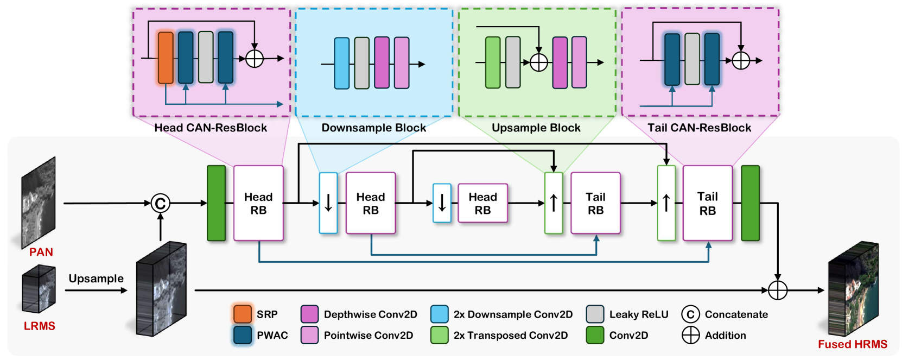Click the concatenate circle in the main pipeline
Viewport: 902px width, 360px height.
(x=160, y=204)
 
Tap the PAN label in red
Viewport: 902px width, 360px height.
(x=41, y=252)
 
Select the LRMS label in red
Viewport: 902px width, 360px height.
(x=39, y=326)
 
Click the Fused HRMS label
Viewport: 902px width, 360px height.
(x=852, y=344)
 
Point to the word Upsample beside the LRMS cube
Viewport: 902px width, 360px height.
(x=96, y=279)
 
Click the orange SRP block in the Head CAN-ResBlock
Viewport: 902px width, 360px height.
(x=166, y=58)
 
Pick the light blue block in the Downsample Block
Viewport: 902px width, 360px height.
(x=341, y=63)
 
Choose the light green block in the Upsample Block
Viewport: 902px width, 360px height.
(x=493, y=62)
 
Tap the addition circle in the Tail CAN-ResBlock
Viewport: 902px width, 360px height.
(x=741, y=60)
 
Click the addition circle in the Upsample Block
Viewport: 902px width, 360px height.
(x=538, y=62)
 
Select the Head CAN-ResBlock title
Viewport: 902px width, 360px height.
(x=211, y=128)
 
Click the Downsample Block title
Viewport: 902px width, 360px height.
(x=373, y=128)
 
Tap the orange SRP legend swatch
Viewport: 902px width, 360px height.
(x=243, y=314)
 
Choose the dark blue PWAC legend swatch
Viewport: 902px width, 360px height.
(x=243, y=335)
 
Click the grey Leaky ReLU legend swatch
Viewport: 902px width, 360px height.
(x=595, y=314)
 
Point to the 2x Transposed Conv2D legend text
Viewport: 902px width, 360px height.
(x=510, y=336)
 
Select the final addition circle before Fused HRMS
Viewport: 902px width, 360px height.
(x=778, y=290)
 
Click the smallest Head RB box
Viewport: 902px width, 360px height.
(x=482, y=204)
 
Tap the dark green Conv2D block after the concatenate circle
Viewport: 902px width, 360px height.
(x=216, y=204)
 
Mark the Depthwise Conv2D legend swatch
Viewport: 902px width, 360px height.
(x=309, y=314)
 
